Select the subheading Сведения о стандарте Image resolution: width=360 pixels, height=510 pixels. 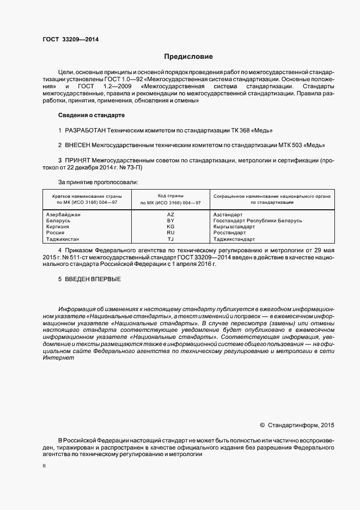(x=91, y=116)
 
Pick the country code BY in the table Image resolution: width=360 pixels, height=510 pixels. (x=170, y=221)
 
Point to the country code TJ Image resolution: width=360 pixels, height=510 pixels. (x=170, y=239)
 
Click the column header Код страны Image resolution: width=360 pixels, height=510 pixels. (x=170, y=195)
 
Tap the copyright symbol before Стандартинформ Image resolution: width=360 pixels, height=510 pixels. (x=262, y=424)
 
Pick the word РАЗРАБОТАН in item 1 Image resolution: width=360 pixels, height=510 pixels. (x=85, y=131)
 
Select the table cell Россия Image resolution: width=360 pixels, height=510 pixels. (x=57, y=233)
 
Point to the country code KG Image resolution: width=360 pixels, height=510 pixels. (x=170, y=227)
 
